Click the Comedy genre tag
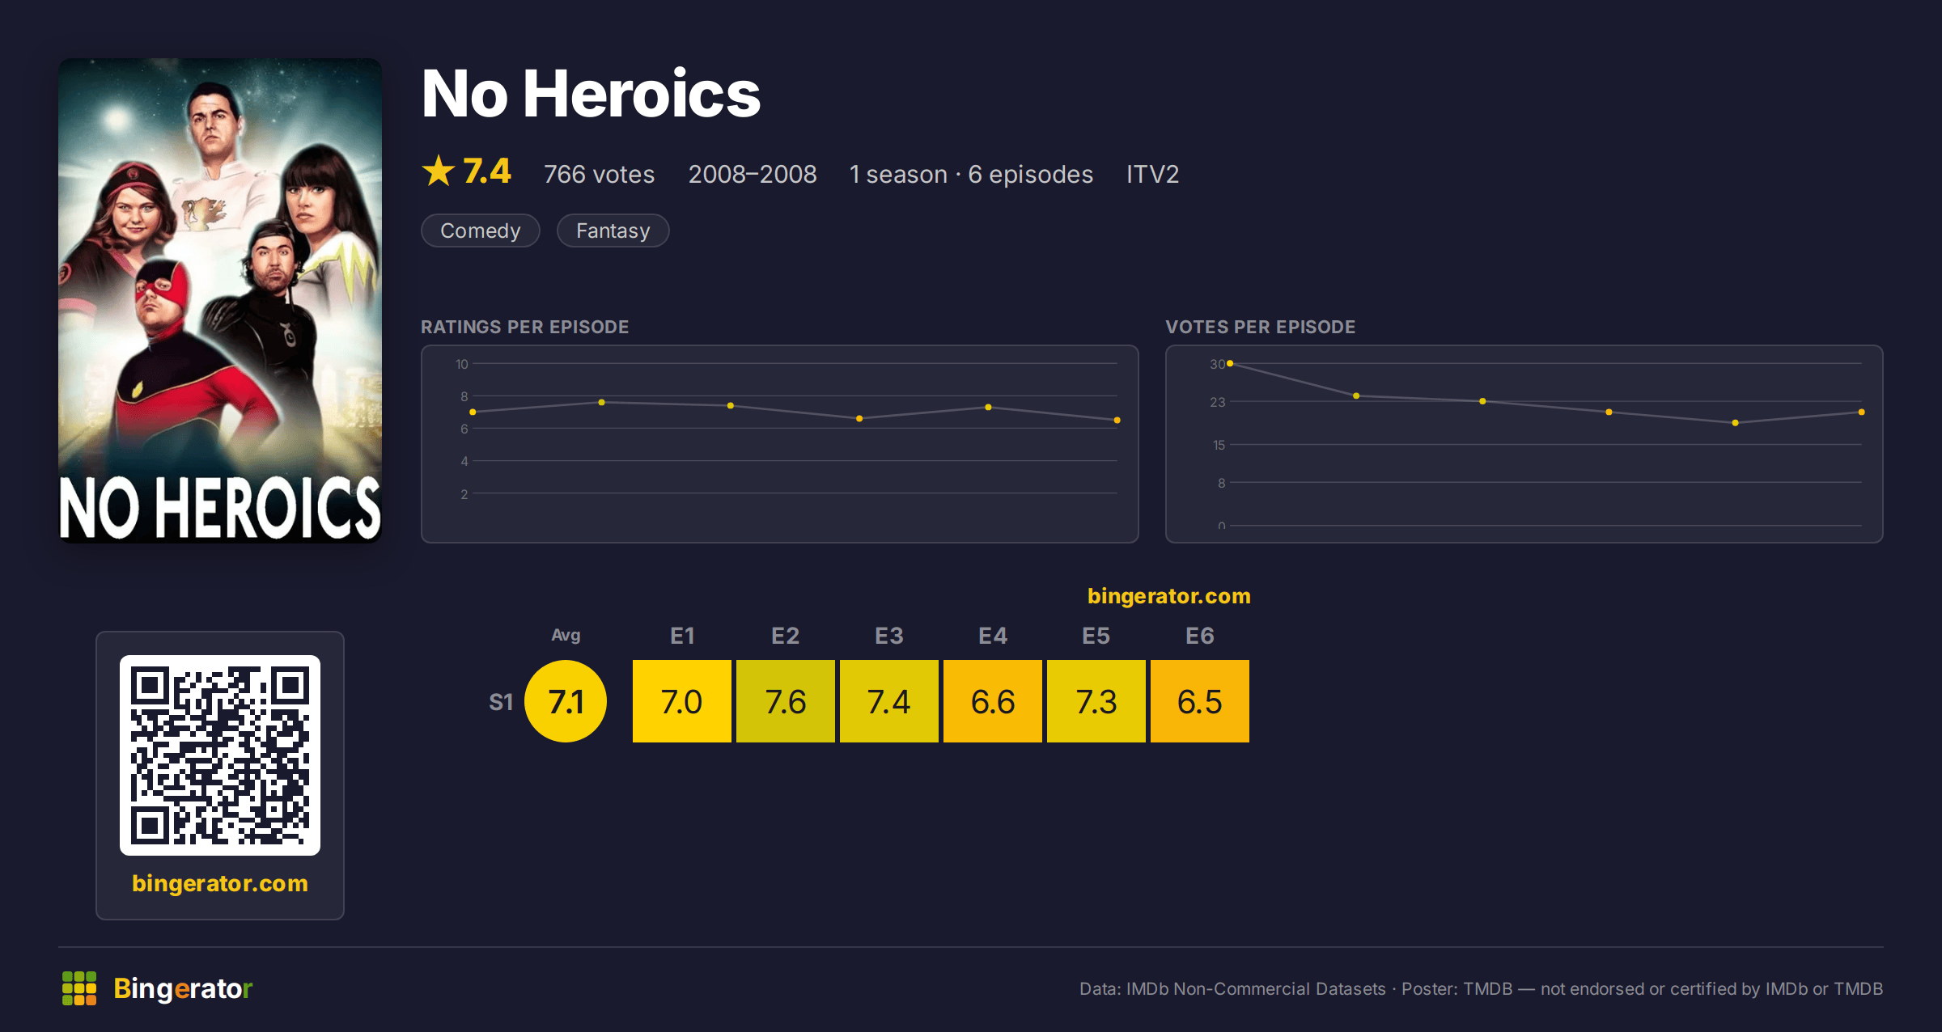[x=481, y=231]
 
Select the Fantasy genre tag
[x=613, y=231]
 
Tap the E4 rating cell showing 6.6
[x=993, y=701]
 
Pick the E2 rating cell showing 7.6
[x=786, y=701]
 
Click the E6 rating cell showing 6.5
[x=1200, y=701]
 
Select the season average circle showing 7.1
[x=566, y=701]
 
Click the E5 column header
[x=1096, y=637]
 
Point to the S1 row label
[x=501, y=702]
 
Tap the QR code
[x=220, y=755]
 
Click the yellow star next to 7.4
[x=439, y=171]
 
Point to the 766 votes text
[x=599, y=174]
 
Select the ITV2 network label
[x=1152, y=174]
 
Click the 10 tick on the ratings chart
[x=461, y=364]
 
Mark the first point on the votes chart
[x=1230, y=364]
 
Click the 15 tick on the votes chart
[x=1219, y=445]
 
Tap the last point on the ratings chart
[x=1117, y=421]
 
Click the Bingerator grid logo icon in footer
[x=79, y=988]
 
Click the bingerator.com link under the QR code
[x=220, y=883]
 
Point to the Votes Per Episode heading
[x=1260, y=327]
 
